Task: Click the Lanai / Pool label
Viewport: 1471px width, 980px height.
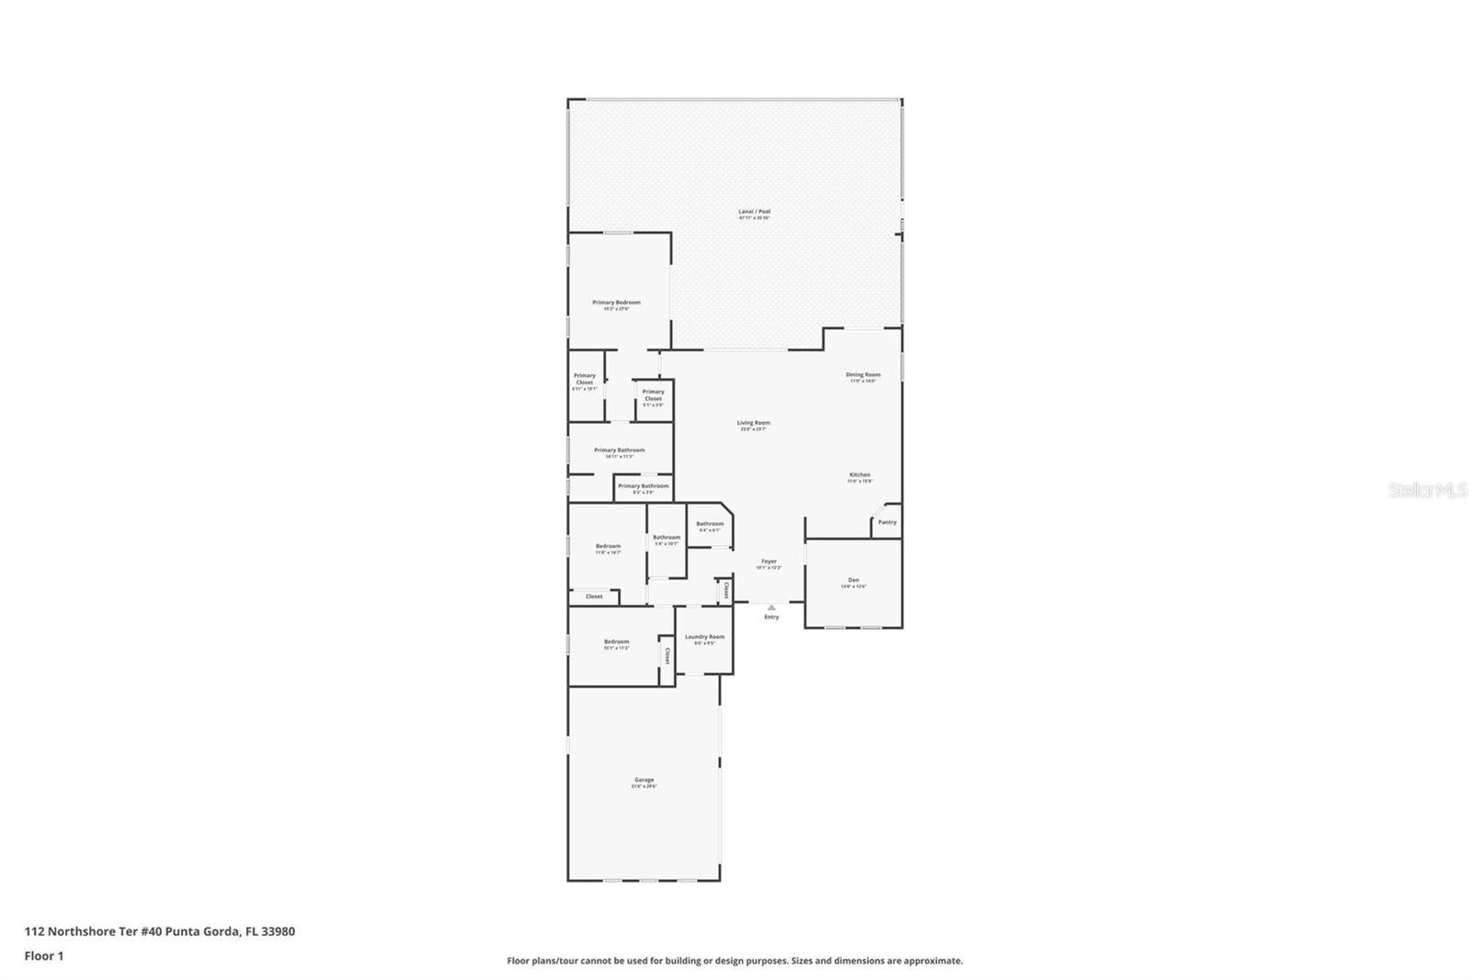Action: point(754,212)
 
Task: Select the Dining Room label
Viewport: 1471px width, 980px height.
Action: point(862,375)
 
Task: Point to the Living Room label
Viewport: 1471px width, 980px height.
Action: point(753,424)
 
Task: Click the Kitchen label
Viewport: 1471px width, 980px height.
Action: point(859,475)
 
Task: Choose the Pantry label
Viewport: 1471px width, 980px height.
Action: point(886,522)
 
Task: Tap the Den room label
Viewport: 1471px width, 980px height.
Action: point(853,580)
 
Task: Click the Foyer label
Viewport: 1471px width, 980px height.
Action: point(769,562)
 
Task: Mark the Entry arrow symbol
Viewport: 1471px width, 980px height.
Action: point(771,607)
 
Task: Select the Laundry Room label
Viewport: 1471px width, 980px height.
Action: point(704,637)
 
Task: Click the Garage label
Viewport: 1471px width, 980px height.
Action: point(644,781)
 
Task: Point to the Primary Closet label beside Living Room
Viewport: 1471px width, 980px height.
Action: point(653,395)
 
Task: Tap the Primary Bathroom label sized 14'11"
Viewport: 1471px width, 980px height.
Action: point(619,450)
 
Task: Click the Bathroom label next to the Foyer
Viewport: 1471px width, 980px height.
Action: point(709,524)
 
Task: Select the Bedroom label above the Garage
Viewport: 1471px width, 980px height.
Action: point(616,642)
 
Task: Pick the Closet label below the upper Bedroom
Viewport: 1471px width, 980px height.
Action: point(594,597)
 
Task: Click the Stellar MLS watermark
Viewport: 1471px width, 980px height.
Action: point(1427,491)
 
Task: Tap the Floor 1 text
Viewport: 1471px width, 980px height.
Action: point(43,956)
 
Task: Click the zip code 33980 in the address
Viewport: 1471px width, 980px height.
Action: point(278,931)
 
